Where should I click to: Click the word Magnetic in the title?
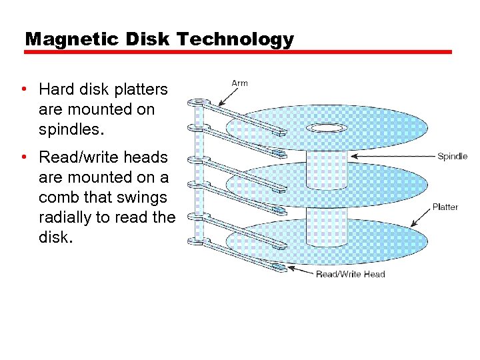coord(63,39)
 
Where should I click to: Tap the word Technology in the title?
coord(235,39)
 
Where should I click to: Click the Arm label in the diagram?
coord(239,83)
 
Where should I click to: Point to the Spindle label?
coord(452,157)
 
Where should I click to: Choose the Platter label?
coord(445,207)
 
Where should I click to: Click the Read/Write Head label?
coord(350,274)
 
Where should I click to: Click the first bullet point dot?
coord(23,89)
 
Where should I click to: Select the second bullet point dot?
coord(23,157)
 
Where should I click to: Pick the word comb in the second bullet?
coord(59,198)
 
